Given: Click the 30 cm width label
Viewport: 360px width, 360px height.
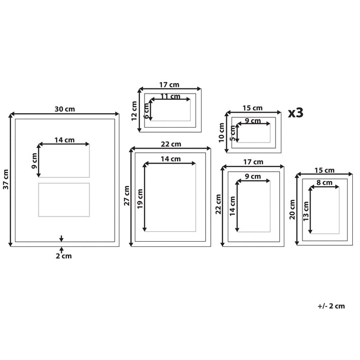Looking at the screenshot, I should [x=65, y=109].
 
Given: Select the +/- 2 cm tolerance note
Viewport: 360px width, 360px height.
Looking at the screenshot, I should [x=331, y=306].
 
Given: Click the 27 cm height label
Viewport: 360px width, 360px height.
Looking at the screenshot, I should [x=127, y=196].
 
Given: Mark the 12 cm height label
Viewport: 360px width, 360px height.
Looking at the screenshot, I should [x=134, y=110].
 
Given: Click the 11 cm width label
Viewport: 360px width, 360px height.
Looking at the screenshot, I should [x=170, y=96].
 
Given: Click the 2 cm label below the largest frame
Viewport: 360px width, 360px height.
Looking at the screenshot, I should [x=63, y=256].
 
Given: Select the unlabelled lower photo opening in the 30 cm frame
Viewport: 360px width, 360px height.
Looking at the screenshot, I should [x=64, y=199].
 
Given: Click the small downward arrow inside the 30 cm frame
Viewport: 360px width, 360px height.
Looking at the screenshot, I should [x=62, y=238].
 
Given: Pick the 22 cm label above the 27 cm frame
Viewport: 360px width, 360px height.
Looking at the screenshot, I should [x=171, y=143].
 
